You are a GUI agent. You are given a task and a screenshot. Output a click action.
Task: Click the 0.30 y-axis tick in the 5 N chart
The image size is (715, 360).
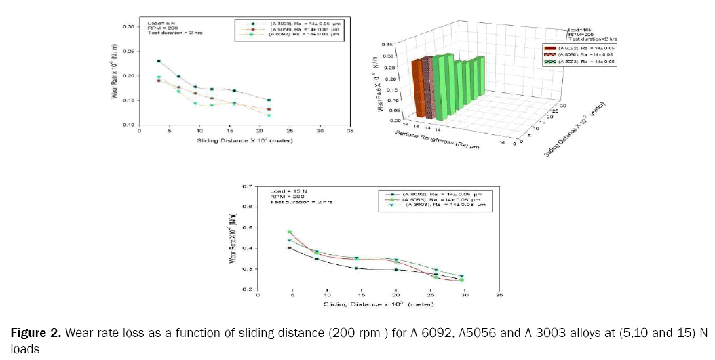pyautogui.click(x=128, y=26)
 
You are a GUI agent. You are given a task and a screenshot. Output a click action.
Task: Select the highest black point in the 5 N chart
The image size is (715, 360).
pyautogui.click(x=159, y=61)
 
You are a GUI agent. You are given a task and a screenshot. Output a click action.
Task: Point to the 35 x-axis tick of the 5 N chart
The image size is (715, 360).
pyautogui.click(x=349, y=131)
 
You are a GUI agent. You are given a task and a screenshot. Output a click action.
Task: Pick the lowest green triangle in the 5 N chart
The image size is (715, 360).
pyautogui.click(x=268, y=115)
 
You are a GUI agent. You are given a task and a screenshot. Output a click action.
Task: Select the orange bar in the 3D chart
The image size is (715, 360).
pyautogui.click(x=417, y=90)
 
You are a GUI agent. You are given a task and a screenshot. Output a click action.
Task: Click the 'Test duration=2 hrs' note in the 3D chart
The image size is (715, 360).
pyautogui.click(x=593, y=39)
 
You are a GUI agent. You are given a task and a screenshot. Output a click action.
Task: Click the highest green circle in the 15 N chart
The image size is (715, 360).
pyautogui.click(x=290, y=232)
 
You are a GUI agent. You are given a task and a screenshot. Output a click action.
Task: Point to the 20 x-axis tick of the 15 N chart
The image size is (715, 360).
pyautogui.click(x=396, y=296)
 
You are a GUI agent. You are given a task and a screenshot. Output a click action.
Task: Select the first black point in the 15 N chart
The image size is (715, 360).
pyautogui.click(x=290, y=247)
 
